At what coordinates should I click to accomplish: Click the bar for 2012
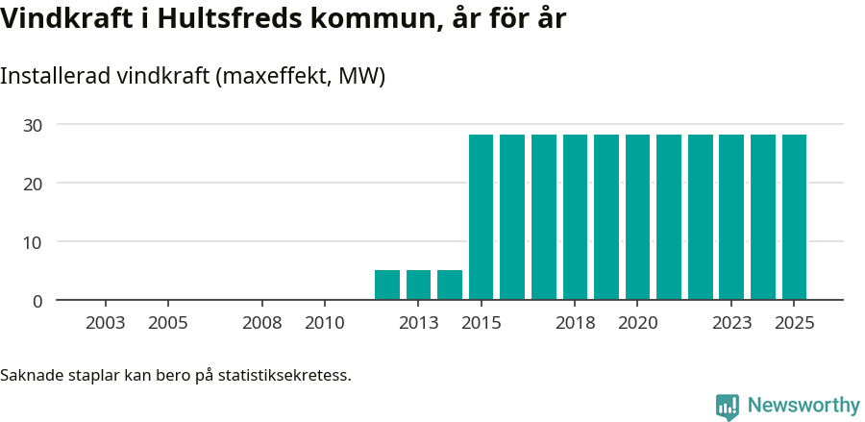pyautogui.click(x=387, y=285)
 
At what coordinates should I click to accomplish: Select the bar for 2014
pyautogui.click(x=450, y=285)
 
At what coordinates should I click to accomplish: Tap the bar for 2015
pyautogui.click(x=481, y=217)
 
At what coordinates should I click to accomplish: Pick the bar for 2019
pyautogui.click(x=606, y=217)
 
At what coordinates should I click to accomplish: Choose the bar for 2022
pyautogui.click(x=701, y=217)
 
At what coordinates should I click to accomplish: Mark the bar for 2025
pyautogui.click(x=794, y=217)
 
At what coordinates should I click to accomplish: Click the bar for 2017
pyautogui.click(x=544, y=217)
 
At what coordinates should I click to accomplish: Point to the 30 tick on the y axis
pyautogui.click(x=33, y=124)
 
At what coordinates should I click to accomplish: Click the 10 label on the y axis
pyautogui.click(x=33, y=242)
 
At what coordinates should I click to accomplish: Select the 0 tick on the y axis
pyautogui.click(x=37, y=301)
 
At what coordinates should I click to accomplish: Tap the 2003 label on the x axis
pyautogui.click(x=105, y=323)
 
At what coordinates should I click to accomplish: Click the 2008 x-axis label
pyautogui.click(x=261, y=323)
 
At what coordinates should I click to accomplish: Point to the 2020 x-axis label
pyautogui.click(x=637, y=323)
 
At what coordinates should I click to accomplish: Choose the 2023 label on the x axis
pyautogui.click(x=731, y=323)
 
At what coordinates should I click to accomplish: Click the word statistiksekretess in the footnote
pyautogui.click(x=284, y=374)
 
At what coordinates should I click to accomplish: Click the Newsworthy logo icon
pyautogui.click(x=728, y=407)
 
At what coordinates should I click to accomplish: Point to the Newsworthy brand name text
pyautogui.click(x=803, y=406)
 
